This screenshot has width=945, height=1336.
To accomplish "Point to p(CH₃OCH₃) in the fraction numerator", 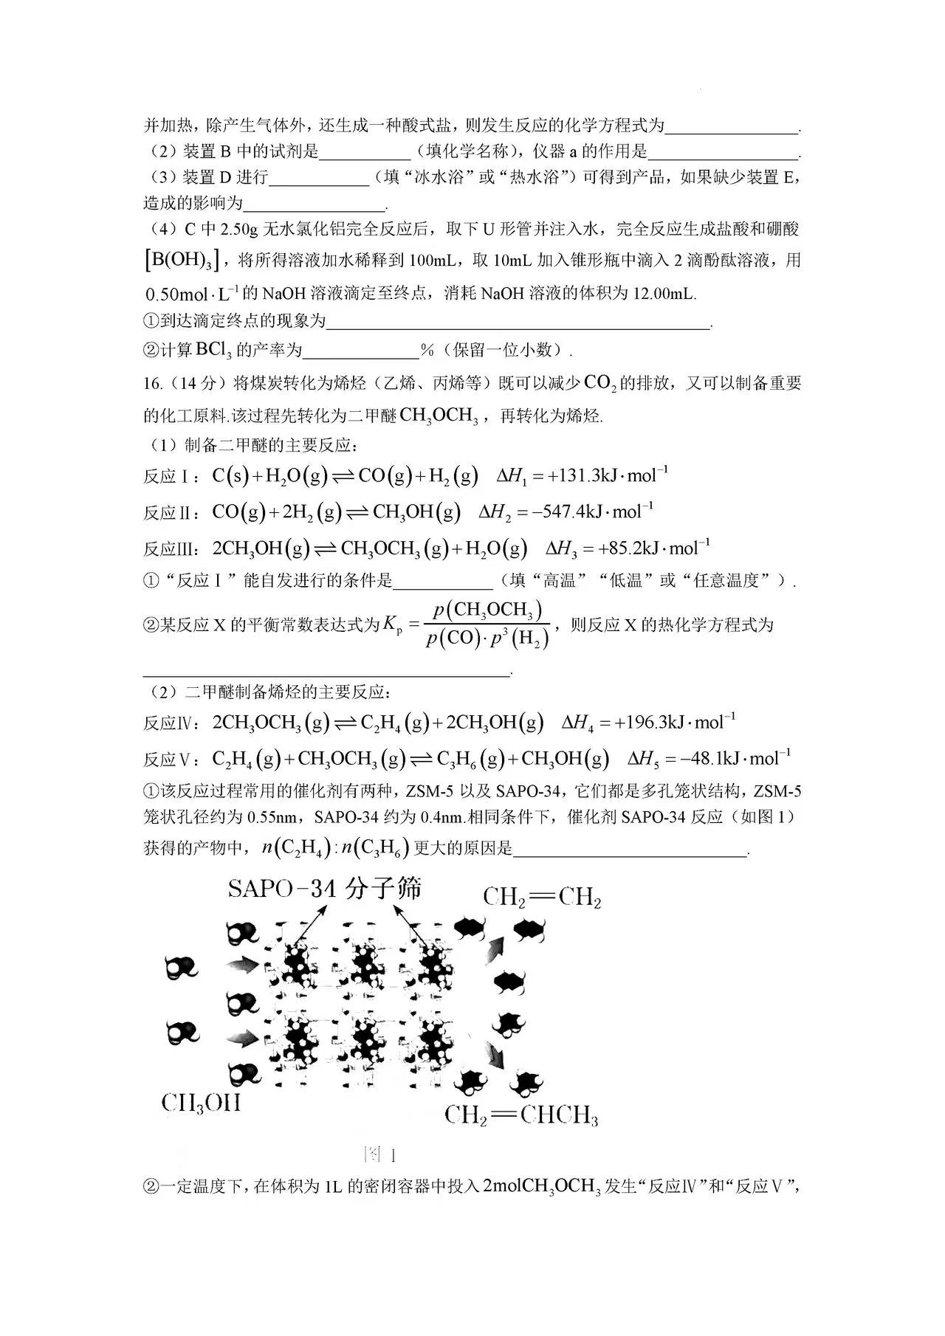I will point(488,610).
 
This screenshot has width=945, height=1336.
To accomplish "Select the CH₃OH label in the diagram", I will point(201,1103).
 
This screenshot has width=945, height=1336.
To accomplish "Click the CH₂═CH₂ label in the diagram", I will point(542,898).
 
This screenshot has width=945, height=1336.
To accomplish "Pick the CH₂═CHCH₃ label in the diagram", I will point(521,1115).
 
